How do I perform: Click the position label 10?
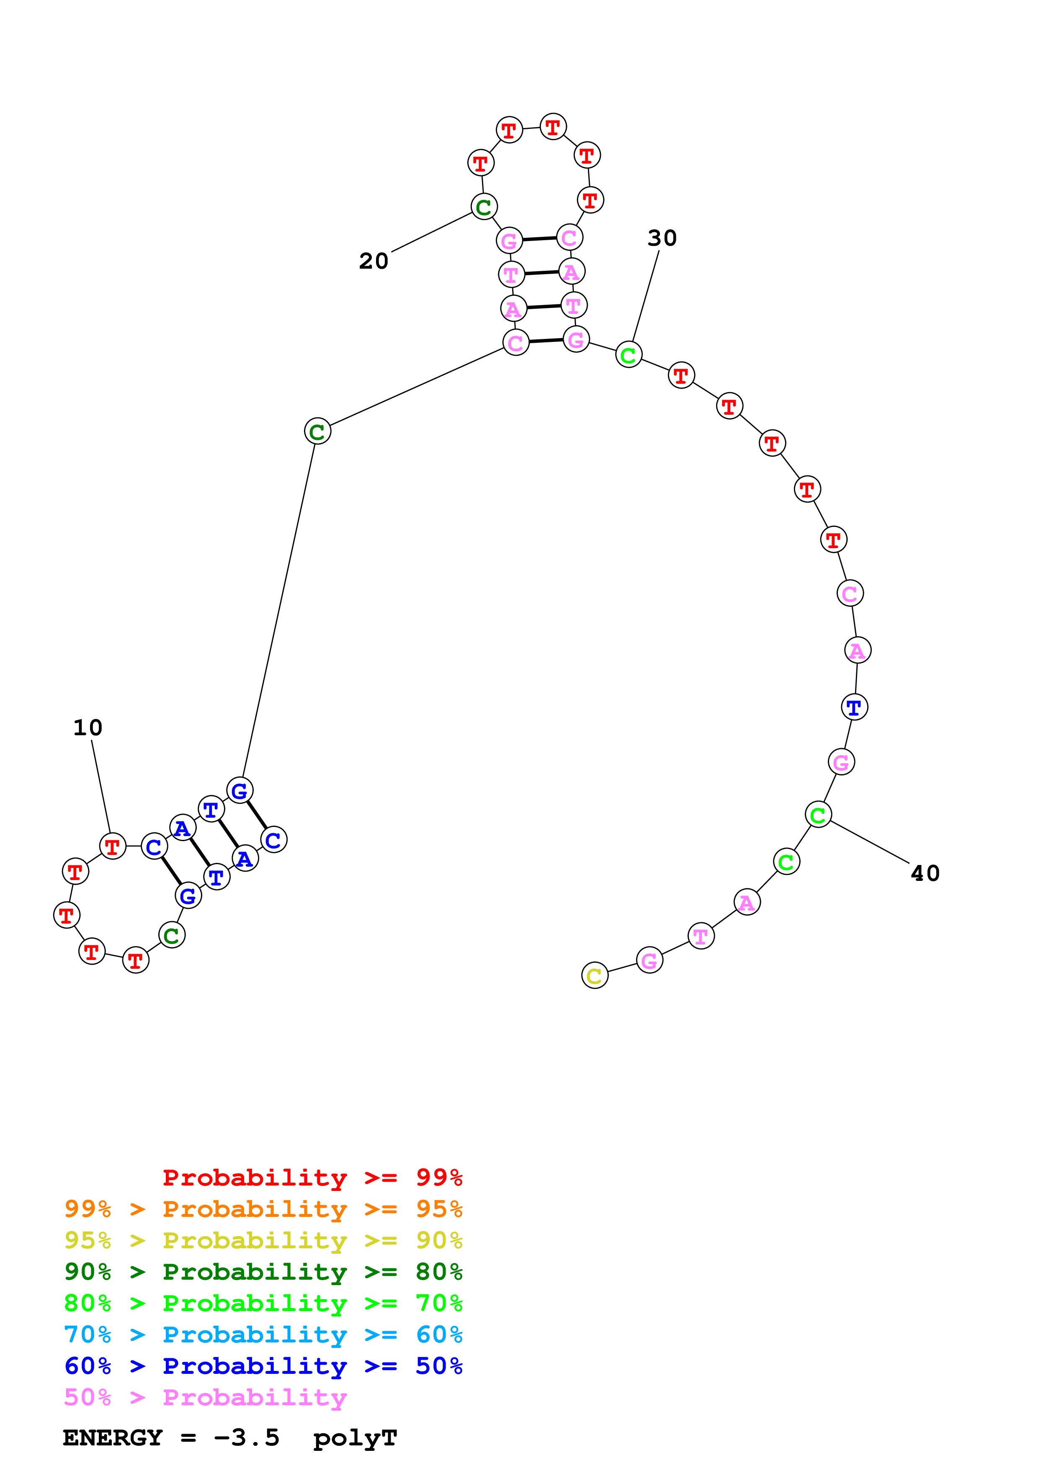[x=88, y=728]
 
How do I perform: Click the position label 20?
[x=373, y=261]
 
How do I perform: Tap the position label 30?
[x=662, y=238]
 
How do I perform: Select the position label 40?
[x=925, y=873]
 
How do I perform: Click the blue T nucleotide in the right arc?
[x=854, y=707]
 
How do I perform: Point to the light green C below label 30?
[x=628, y=355]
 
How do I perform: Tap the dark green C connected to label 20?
[x=484, y=207]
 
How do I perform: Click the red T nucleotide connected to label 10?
[x=113, y=847]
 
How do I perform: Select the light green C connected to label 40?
[x=818, y=815]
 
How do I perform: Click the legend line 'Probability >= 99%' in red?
[x=312, y=1178]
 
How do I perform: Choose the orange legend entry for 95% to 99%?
[x=263, y=1209]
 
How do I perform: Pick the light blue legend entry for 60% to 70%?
[x=263, y=1335]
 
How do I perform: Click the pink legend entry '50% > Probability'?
[x=205, y=1398]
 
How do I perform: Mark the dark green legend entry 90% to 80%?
[x=263, y=1272]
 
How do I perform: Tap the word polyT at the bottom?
[x=355, y=1438]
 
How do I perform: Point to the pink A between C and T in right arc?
[x=857, y=650]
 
